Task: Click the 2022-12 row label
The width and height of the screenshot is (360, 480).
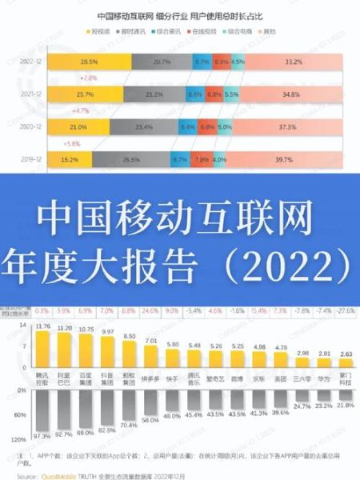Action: pos(30,60)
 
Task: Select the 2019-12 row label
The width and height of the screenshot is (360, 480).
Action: pos(30,159)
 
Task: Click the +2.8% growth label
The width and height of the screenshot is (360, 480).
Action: pos(88,78)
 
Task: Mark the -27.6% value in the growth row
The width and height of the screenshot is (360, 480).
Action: pos(345,309)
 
